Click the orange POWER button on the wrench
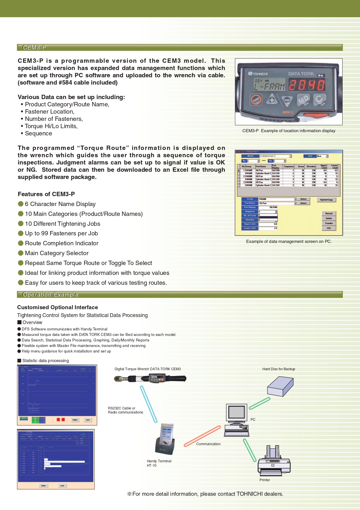(x=256, y=100)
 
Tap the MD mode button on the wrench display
(x=303, y=100)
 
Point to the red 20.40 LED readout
(x=307, y=85)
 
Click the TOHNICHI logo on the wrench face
(x=258, y=74)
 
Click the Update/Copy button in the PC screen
(x=326, y=200)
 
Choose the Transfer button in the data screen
(x=329, y=223)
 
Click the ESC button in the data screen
(x=329, y=228)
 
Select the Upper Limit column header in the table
(x=324, y=167)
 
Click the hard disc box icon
(x=280, y=386)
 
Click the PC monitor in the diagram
(x=237, y=413)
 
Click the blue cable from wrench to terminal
(x=149, y=404)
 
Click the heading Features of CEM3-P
(x=46, y=194)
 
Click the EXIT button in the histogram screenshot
(x=62, y=486)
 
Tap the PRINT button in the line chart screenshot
(x=75, y=420)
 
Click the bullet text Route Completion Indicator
(x=62, y=243)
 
